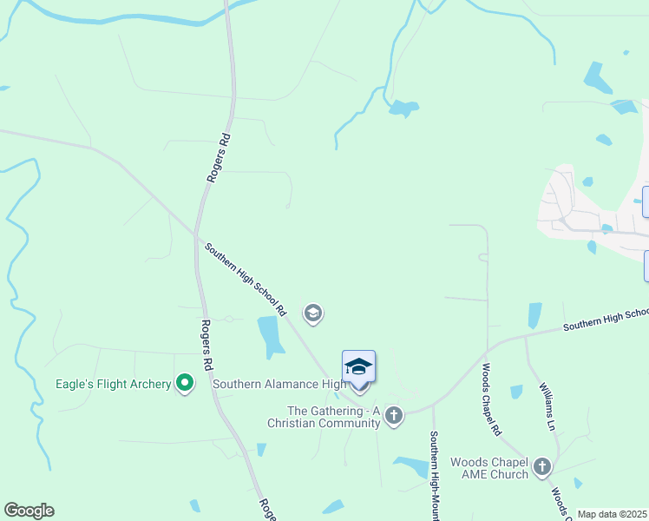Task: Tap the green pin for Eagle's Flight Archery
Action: (x=185, y=382)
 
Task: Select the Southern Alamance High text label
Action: (x=279, y=384)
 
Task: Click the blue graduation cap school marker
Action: (x=358, y=367)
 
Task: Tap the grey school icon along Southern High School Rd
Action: (x=313, y=313)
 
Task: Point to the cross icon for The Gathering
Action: (x=394, y=416)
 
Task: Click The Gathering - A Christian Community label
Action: (x=333, y=416)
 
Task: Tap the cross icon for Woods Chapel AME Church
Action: (x=542, y=468)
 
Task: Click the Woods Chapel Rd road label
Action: (x=491, y=399)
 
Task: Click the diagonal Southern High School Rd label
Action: (x=246, y=278)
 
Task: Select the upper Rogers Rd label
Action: (x=218, y=157)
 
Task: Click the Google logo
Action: (x=29, y=511)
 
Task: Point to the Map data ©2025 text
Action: (x=612, y=514)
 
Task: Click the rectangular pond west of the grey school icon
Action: (x=271, y=336)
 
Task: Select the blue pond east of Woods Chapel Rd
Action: (x=534, y=314)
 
